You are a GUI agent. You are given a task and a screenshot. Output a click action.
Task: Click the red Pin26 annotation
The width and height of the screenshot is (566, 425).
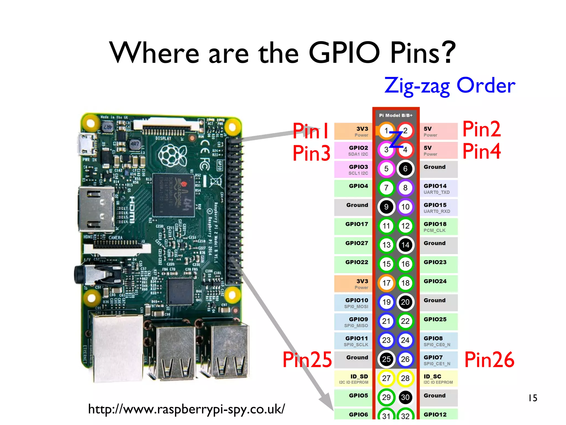(489, 359)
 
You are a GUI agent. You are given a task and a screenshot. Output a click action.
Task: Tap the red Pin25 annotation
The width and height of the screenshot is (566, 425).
(307, 359)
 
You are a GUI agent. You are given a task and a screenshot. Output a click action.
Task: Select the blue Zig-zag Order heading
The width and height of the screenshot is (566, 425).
(450, 86)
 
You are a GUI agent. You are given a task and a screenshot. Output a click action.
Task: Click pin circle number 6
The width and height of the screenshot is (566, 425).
(405, 169)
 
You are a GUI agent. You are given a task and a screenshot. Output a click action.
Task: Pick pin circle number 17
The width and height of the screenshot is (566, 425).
(386, 283)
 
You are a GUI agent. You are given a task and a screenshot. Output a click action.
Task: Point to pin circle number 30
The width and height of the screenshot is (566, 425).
(405, 397)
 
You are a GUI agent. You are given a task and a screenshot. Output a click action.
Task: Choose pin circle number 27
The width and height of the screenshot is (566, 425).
(386, 378)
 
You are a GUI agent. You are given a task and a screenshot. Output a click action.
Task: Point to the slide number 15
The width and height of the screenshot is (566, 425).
(533, 398)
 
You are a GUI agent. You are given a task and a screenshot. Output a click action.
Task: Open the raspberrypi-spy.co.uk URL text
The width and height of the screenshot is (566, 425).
(186, 409)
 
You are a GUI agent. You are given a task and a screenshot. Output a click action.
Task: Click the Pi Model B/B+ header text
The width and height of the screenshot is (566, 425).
(396, 115)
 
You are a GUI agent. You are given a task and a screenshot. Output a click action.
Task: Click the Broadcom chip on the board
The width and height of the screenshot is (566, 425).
(174, 195)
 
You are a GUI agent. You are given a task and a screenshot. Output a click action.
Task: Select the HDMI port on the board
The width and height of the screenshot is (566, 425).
(97, 209)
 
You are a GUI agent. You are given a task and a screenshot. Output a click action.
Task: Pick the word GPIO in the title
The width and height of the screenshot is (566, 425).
(344, 53)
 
